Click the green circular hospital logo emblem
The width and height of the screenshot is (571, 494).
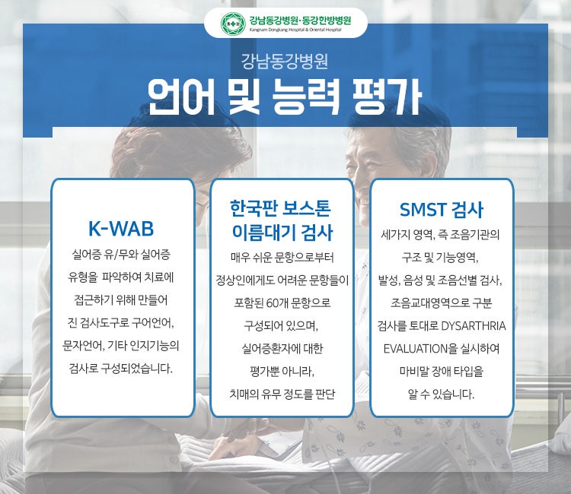click(x=233, y=24)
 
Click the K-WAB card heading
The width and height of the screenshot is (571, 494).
click(x=121, y=228)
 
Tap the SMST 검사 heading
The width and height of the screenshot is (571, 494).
click(x=442, y=209)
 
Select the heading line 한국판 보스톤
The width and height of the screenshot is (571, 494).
click(x=280, y=208)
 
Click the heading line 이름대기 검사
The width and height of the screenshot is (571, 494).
click(x=282, y=233)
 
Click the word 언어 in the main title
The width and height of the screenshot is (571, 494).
click(x=181, y=97)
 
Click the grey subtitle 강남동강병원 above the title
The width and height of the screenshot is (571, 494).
click(x=285, y=62)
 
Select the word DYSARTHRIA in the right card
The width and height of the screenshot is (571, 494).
click(x=474, y=326)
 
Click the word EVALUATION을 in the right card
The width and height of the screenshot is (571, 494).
click(x=420, y=349)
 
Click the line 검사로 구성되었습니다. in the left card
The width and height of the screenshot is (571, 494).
click(x=120, y=369)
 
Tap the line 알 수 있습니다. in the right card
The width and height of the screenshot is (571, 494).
click(x=441, y=394)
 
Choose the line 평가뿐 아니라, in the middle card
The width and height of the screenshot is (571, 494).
click(x=282, y=371)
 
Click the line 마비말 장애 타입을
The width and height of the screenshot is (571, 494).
click(x=442, y=371)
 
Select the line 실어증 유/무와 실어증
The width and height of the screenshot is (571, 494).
click(x=121, y=255)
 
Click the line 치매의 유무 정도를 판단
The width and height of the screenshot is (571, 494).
click(x=282, y=394)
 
